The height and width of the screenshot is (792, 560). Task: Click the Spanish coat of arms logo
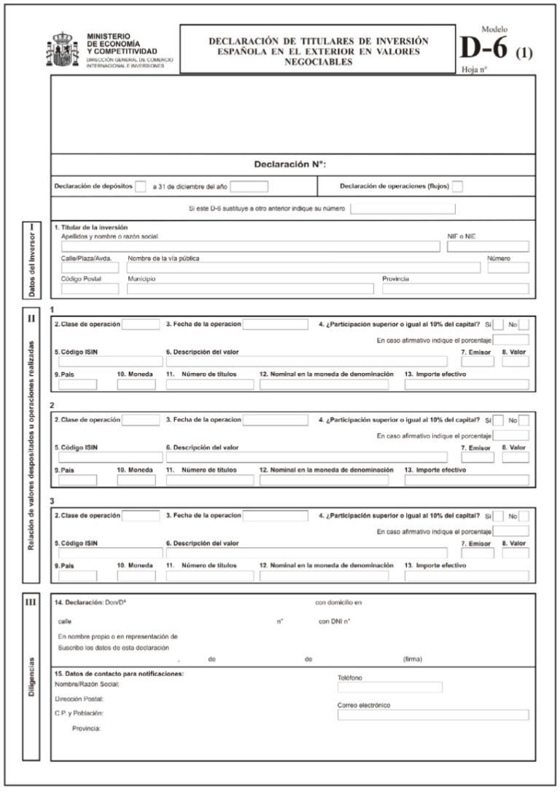tap(65, 50)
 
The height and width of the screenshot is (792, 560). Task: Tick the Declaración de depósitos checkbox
tap(140, 187)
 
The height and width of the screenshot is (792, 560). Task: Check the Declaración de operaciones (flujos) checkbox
tap(457, 187)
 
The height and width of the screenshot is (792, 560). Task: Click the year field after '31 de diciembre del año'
tap(249, 187)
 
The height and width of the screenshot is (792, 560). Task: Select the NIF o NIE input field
tap(488, 247)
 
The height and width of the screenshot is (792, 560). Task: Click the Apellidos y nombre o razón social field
tap(250, 247)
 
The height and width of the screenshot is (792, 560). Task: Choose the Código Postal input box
tap(90, 289)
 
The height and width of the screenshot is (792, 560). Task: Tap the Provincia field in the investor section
tap(455, 289)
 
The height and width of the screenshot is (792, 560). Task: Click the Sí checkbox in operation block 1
tap(499, 324)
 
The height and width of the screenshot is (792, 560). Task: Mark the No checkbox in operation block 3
tap(524, 516)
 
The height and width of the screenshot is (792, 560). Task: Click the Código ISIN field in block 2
tap(111, 458)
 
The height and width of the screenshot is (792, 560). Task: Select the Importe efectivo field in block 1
tap(467, 385)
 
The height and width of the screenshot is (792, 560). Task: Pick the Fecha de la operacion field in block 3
tap(275, 516)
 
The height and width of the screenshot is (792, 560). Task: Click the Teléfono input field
tap(390, 687)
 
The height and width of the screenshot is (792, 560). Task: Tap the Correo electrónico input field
tap(433, 715)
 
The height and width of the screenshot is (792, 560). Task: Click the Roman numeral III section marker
tap(31, 602)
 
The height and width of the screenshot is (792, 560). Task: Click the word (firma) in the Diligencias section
tap(413, 659)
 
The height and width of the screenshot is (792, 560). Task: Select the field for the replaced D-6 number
tap(402, 209)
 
